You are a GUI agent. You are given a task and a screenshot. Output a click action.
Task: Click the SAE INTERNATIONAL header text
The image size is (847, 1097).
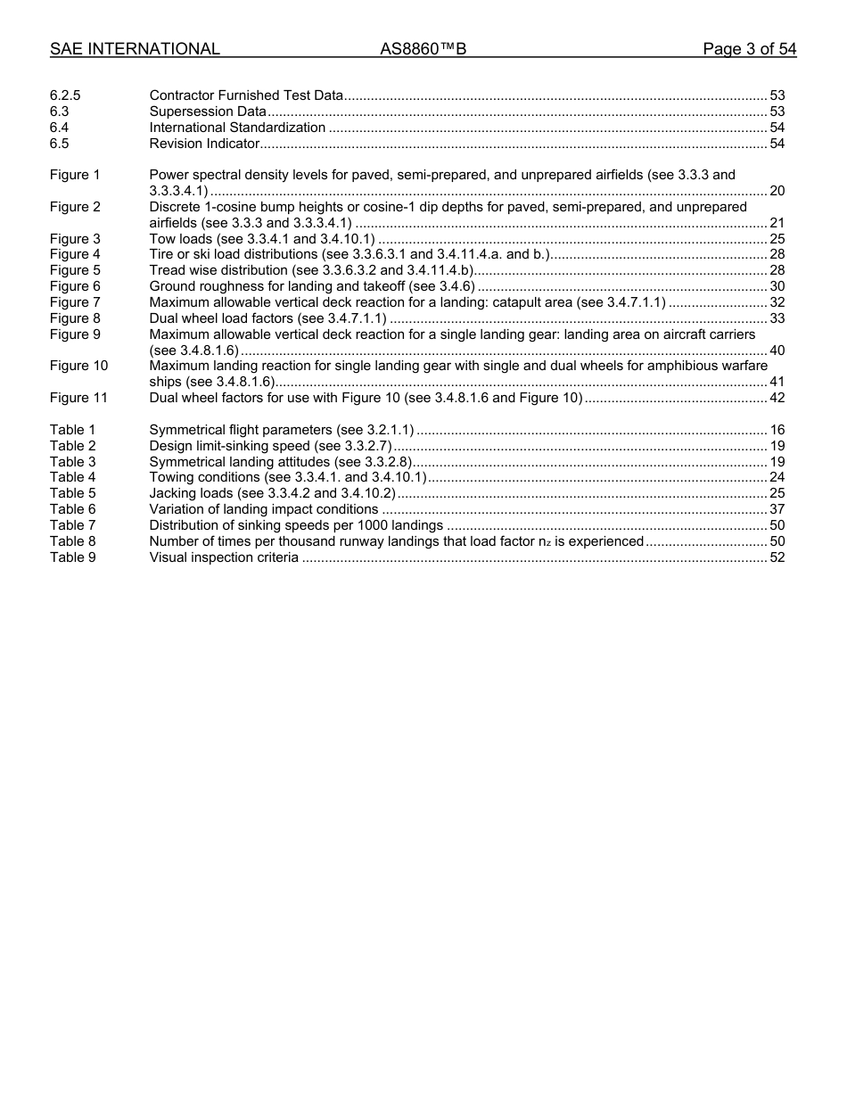tap(135, 49)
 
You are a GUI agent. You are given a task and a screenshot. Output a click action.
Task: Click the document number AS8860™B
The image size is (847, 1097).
tap(423, 49)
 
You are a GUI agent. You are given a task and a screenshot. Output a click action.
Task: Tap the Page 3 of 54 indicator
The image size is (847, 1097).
tap(749, 49)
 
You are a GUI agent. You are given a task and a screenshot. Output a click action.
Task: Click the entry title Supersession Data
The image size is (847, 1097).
tap(208, 111)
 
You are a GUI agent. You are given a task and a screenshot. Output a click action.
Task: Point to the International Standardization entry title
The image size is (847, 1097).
tap(237, 128)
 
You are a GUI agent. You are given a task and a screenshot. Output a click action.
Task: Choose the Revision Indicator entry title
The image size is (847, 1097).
tap(204, 144)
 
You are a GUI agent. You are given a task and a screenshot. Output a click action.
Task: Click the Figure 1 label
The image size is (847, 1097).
tap(75, 175)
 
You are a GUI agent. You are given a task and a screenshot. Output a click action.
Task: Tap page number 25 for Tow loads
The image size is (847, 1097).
tap(777, 239)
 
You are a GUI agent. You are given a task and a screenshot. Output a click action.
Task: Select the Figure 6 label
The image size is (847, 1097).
tap(75, 286)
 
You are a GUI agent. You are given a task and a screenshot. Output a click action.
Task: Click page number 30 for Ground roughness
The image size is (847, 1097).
tap(777, 286)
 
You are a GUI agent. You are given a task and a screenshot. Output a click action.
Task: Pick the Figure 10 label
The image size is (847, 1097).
tap(78, 366)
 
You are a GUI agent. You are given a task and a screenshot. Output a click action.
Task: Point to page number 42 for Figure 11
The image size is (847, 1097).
tap(777, 398)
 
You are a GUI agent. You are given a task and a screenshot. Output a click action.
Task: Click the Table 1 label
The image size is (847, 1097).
tap(72, 430)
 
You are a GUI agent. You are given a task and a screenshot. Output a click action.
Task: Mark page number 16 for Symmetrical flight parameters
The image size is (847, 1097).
tap(777, 430)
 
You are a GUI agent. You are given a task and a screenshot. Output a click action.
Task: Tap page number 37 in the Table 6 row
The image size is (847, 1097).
tap(777, 509)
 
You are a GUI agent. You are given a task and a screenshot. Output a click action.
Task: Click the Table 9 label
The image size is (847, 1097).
tap(72, 557)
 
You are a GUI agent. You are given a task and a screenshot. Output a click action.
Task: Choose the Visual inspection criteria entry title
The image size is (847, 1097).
tap(224, 557)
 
